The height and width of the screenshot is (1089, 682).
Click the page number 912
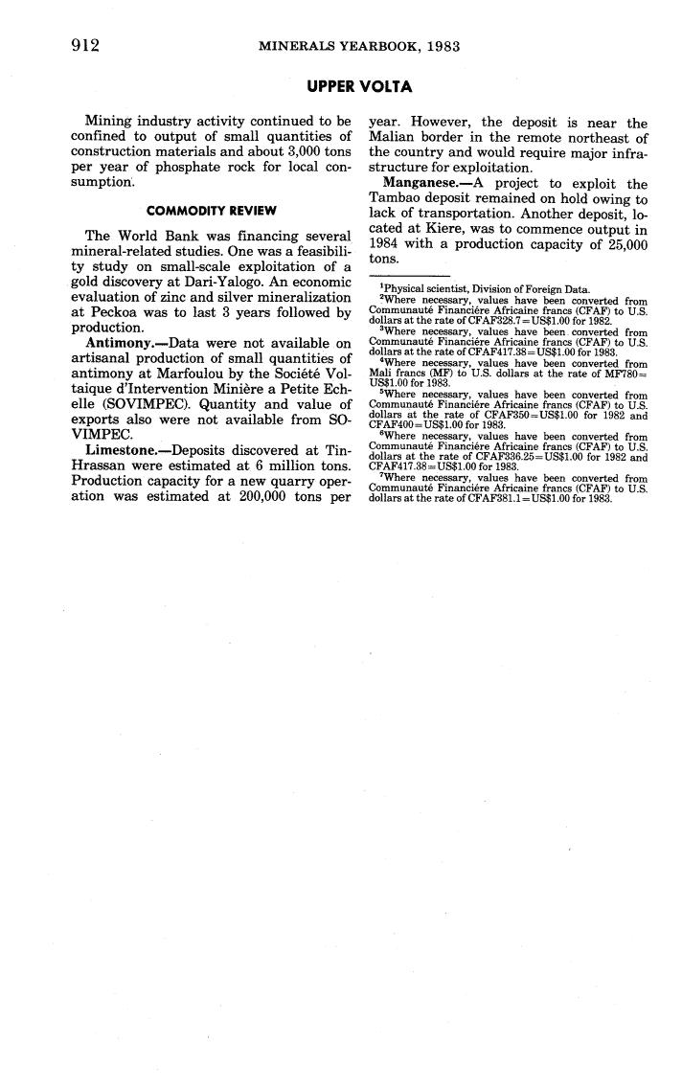86,44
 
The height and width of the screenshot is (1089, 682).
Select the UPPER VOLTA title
359,87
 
